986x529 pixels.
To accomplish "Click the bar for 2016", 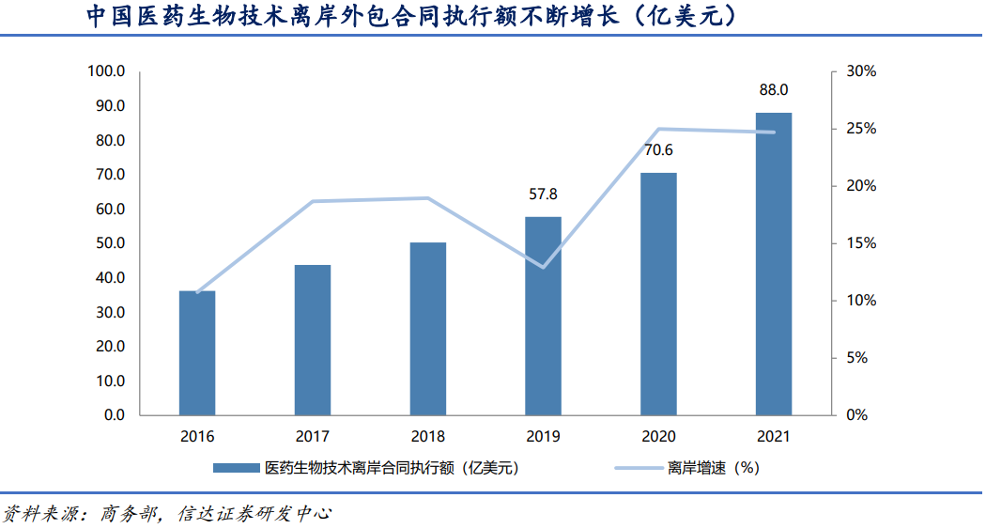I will [x=197, y=352].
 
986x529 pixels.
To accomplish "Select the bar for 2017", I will [x=313, y=339].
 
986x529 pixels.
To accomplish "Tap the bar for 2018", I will [x=428, y=328].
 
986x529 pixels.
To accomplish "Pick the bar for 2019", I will [x=543, y=316].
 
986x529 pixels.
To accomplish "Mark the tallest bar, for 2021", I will [x=774, y=263].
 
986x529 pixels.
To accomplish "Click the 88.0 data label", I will [x=774, y=90].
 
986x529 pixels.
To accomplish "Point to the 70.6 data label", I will [x=658, y=150].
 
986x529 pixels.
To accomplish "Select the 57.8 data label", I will [x=543, y=194].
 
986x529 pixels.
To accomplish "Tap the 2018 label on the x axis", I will [x=428, y=437].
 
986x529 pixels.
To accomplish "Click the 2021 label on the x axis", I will [x=774, y=437].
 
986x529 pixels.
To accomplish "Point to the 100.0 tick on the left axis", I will [x=106, y=71].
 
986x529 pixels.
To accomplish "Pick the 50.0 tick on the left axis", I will [x=109, y=243].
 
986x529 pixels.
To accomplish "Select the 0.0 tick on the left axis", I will [x=114, y=415].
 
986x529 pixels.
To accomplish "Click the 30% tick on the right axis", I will [x=861, y=71].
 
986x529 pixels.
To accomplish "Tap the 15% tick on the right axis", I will [x=861, y=243].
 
